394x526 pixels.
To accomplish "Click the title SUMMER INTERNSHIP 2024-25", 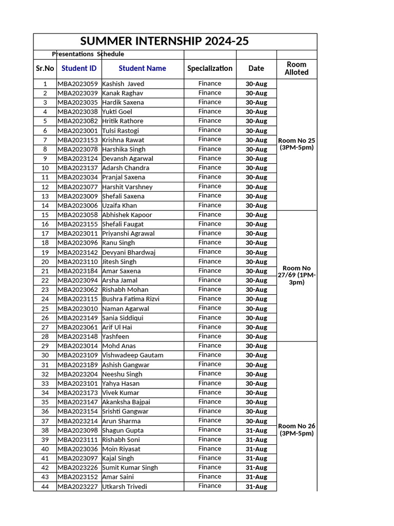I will [x=174, y=42].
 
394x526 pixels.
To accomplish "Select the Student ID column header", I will [x=78, y=68].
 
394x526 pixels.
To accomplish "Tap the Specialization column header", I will [x=210, y=68].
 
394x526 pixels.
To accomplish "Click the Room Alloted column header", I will [x=297, y=68].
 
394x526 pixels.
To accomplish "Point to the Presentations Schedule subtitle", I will [x=88, y=54].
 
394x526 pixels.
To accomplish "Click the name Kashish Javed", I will [x=123, y=84].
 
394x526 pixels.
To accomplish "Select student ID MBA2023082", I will [x=77, y=121].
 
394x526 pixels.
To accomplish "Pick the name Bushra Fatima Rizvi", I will [x=131, y=299].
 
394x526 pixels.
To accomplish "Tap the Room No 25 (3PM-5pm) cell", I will [x=297, y=144].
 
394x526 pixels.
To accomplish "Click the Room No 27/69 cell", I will [x=297, y=275].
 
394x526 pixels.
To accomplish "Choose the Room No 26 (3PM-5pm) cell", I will [x=297, y=429].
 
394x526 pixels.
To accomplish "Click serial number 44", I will [x=45, y=486].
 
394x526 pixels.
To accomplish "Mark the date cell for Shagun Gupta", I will [x=256, y=430].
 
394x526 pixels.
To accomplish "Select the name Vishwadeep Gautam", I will [x=133, y=355].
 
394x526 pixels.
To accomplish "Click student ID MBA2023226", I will [x=77, y=467].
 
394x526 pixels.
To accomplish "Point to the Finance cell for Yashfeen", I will [x=210, y=336].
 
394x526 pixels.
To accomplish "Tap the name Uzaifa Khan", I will [x=120, y=205].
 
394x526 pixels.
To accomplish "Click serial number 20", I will [x=45, y=261].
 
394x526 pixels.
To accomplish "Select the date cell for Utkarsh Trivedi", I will [x=256, y=486].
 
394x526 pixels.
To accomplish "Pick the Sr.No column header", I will [x=45, y=68].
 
